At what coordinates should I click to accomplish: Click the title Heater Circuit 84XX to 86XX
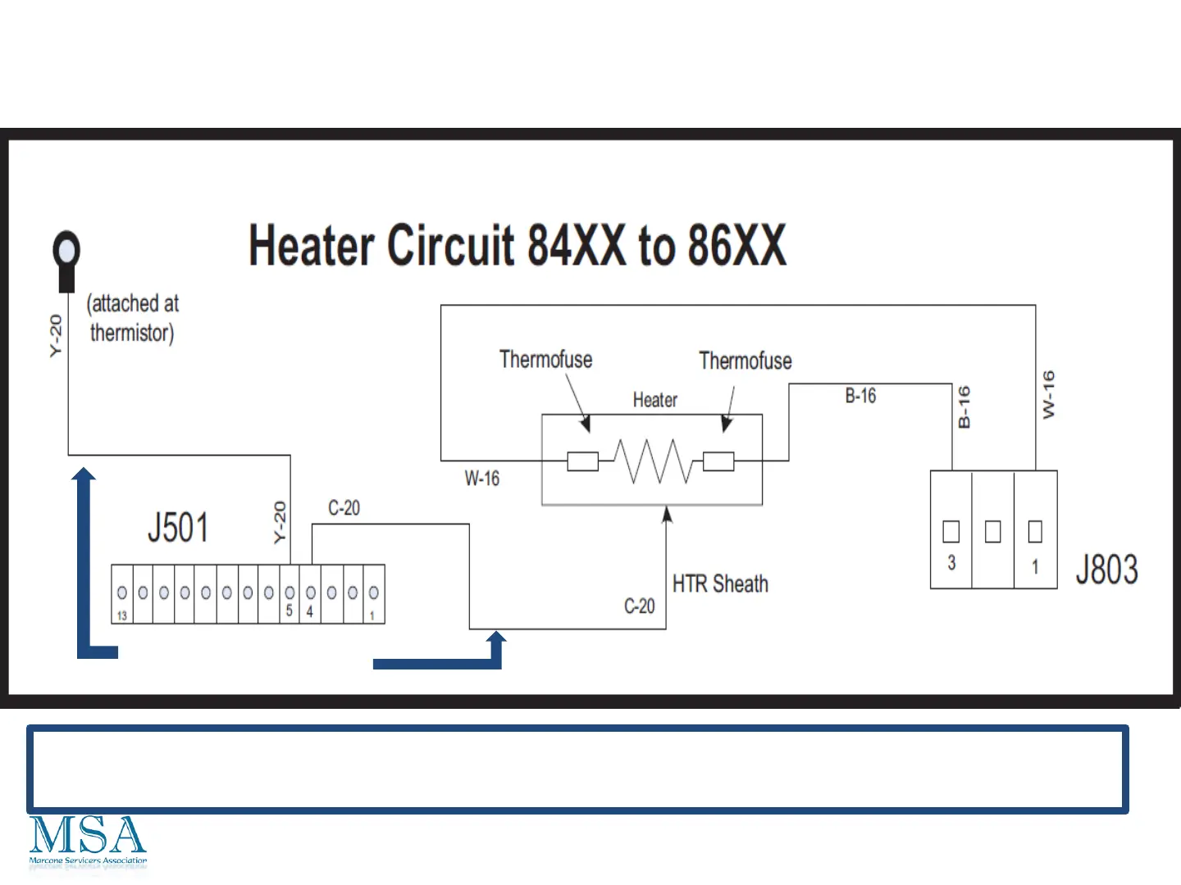pos(518,245)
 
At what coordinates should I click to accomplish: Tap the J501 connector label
pos(178,528)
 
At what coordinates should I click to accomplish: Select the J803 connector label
pos(1106,570)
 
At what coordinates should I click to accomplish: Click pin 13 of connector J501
pos(122,593)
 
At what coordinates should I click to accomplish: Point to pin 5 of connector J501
pos(290,593)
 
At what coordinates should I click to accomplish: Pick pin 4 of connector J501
pos(311,593)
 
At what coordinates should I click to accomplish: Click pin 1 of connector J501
pos(374,593)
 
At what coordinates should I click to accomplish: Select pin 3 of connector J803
pos(951,532)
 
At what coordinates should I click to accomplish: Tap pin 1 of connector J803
pos(1035,532)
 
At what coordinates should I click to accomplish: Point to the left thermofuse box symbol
pos(583,461)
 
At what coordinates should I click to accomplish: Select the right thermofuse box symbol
pos(718,461)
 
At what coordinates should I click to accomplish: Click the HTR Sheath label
pos(720,584)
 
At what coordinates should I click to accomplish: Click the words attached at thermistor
pos(132,318)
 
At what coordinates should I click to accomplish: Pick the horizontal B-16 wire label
pos(860,396)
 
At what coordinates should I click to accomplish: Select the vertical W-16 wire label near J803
pos(1048,395)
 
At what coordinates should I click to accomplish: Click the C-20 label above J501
pos(344,508)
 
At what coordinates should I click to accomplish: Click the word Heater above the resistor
pos(654,400)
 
